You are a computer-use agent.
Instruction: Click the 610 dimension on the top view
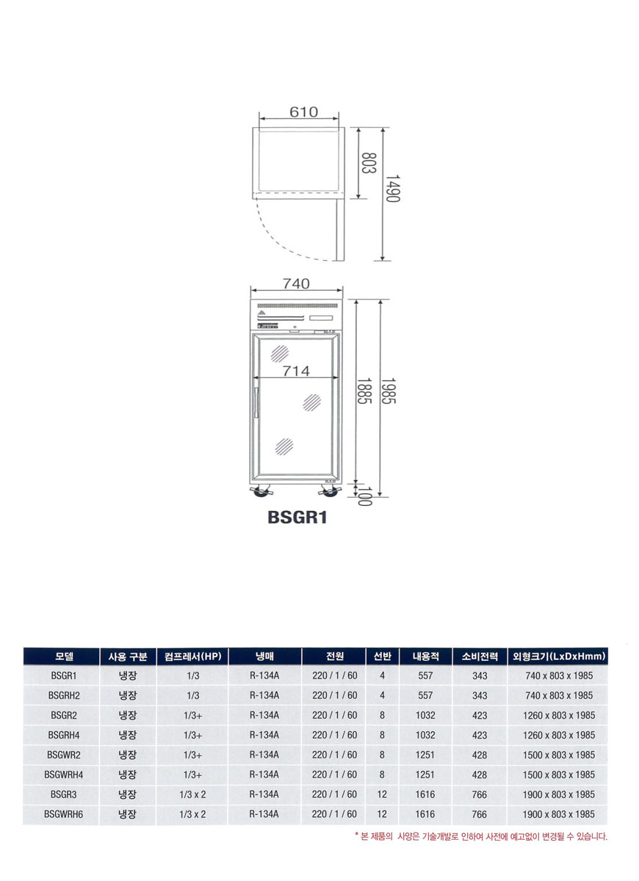pos(303,112)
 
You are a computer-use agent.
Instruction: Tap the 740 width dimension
pos(296,283)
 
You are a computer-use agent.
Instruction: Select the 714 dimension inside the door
pos(296,371)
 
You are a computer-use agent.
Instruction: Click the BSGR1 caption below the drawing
pos(297,518)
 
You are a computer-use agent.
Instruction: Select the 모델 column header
pos(61,656)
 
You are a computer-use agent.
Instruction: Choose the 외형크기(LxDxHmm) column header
pos(558,656)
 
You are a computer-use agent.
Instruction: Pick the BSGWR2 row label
pos(62,755)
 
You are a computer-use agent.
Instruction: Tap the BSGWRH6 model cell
pos(62,814)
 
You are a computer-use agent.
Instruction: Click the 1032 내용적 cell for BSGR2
pos(425,715)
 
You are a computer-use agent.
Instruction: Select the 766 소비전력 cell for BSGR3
pos(480,794)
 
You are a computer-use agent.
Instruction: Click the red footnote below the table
pos(481,836)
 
